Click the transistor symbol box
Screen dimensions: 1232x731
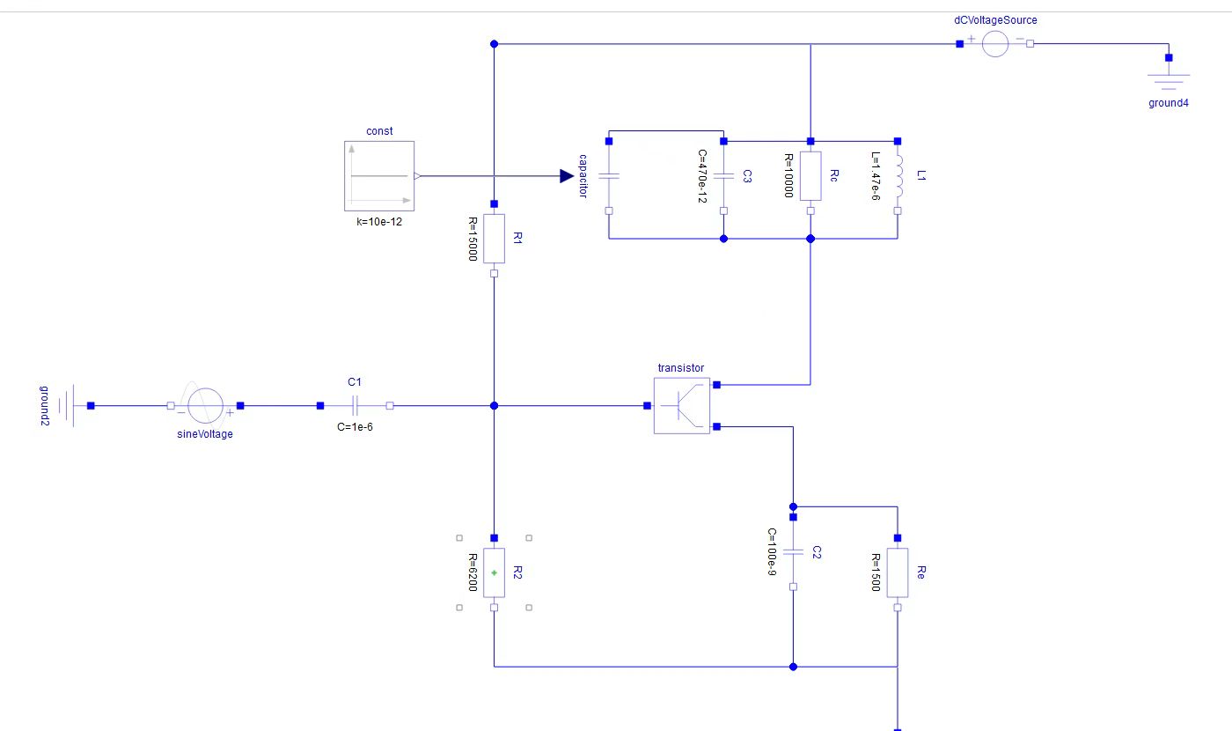pyautogui.click(x=682, y=406)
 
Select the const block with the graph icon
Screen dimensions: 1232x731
pyautogui.click(x=379, y=176)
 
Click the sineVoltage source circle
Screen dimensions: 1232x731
pyautogui.click(x=205, y=406)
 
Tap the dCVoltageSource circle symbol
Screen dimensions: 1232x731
pyautogui.click(x=995, y=43)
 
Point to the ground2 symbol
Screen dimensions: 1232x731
pyautogui.click(x=67, y=406)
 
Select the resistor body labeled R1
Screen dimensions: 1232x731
pyautogui.click(x=494, y=239)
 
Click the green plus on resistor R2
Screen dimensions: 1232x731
pyautogui.click(x=494, y=573)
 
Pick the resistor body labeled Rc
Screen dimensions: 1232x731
pyautogui.click(x=810, y=176)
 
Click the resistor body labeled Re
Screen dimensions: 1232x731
pyautogui.click(x=898, y=573)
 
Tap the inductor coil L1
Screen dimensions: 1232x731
pyautogui.click(x=898, y=176)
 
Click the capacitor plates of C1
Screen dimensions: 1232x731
pyautogui.click(x=355, y=406)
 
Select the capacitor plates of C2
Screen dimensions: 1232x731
pyautogui.click(x=793, y=551)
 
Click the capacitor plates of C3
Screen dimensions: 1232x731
pyautogui.click(x=723, y=176)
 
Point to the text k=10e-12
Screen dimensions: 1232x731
pyautogui.click(x=379, y=222)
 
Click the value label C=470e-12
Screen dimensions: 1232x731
pyautogui.click(x=702, y=176)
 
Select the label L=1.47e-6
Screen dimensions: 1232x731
pyautogui.click(x=876, y=176)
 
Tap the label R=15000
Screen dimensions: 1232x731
pyautogui.click(x=473, y=239)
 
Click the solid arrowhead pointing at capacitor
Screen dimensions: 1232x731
pyautogui.click(x=567, y=176)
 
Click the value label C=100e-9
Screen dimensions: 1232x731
pyautogui.click(x=772, y=551)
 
